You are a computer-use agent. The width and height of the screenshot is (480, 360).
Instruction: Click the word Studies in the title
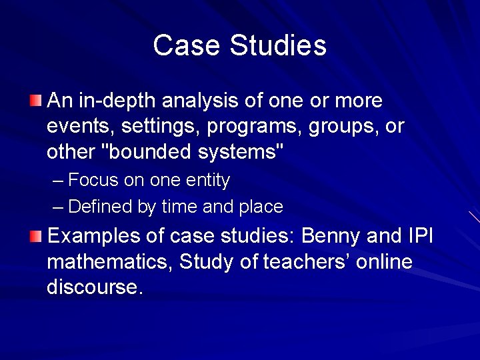click(x=278, y=45)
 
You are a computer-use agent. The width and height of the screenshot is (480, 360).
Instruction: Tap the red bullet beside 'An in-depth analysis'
click(x=35, y=101)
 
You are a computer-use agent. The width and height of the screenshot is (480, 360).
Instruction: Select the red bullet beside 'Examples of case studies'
click(x=35, y=235)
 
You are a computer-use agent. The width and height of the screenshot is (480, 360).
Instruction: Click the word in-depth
click(x=117, y=101)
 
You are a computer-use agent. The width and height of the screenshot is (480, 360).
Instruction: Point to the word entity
click(x=208, y=181)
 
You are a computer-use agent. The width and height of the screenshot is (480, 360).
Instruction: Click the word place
click(x=261, y=207)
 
